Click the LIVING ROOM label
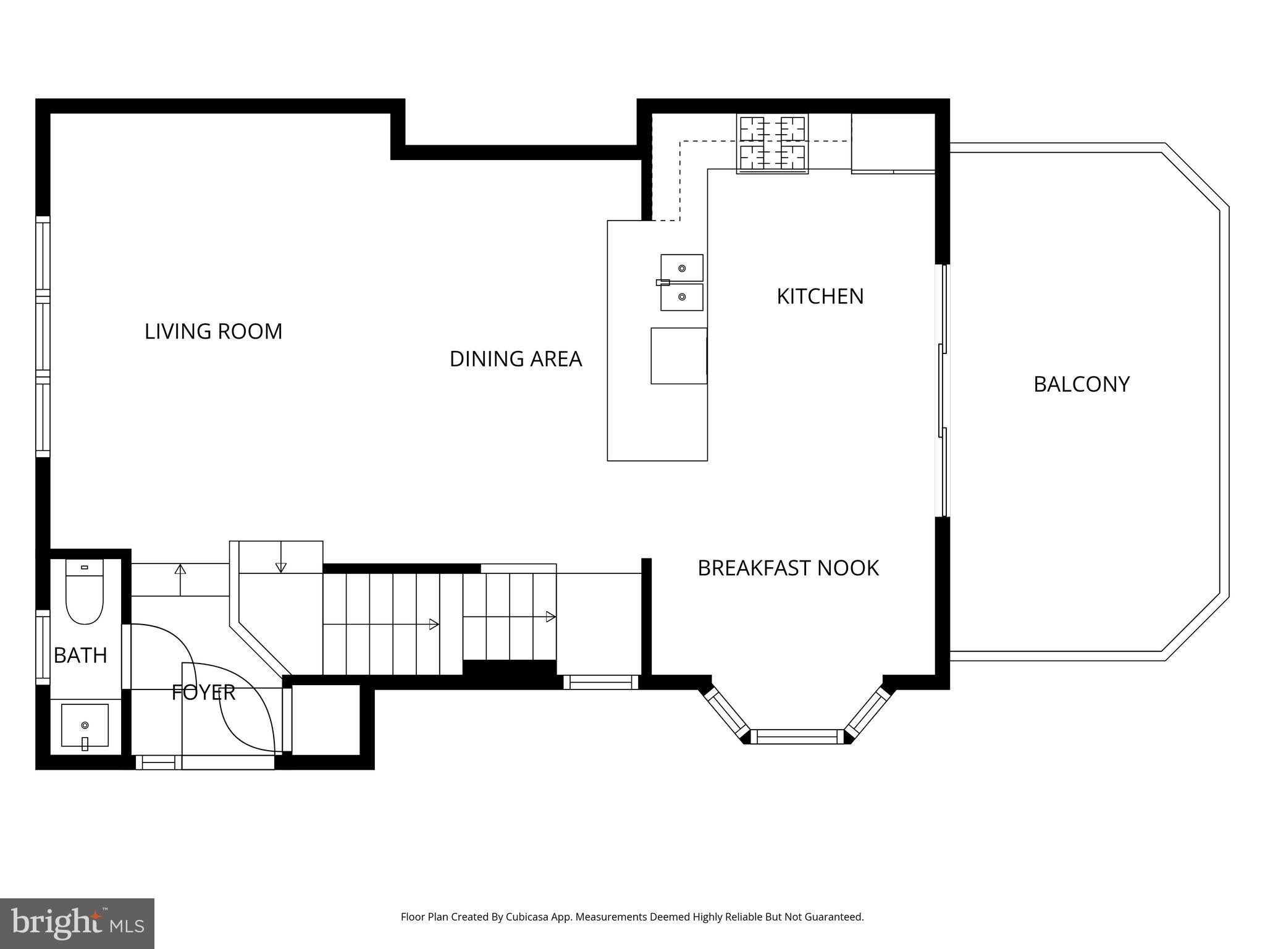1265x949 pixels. (213, 332)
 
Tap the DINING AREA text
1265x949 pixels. (515, 359)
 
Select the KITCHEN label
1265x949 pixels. (820, 297)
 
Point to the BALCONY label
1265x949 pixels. (1081, 384)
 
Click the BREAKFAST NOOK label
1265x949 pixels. (788, 568)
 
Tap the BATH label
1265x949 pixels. (80, 655)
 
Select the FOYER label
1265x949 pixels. (203, 693)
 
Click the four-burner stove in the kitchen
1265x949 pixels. (772, 144)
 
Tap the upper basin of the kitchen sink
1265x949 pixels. (682, 268)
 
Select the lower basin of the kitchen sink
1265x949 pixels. (682, 297)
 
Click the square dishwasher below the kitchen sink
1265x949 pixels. (678, 356)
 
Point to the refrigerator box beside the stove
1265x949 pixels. (893, 142)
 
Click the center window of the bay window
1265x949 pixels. (797, 736)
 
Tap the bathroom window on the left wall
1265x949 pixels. (42, 647)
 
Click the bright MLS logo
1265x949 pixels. (77, 923)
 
